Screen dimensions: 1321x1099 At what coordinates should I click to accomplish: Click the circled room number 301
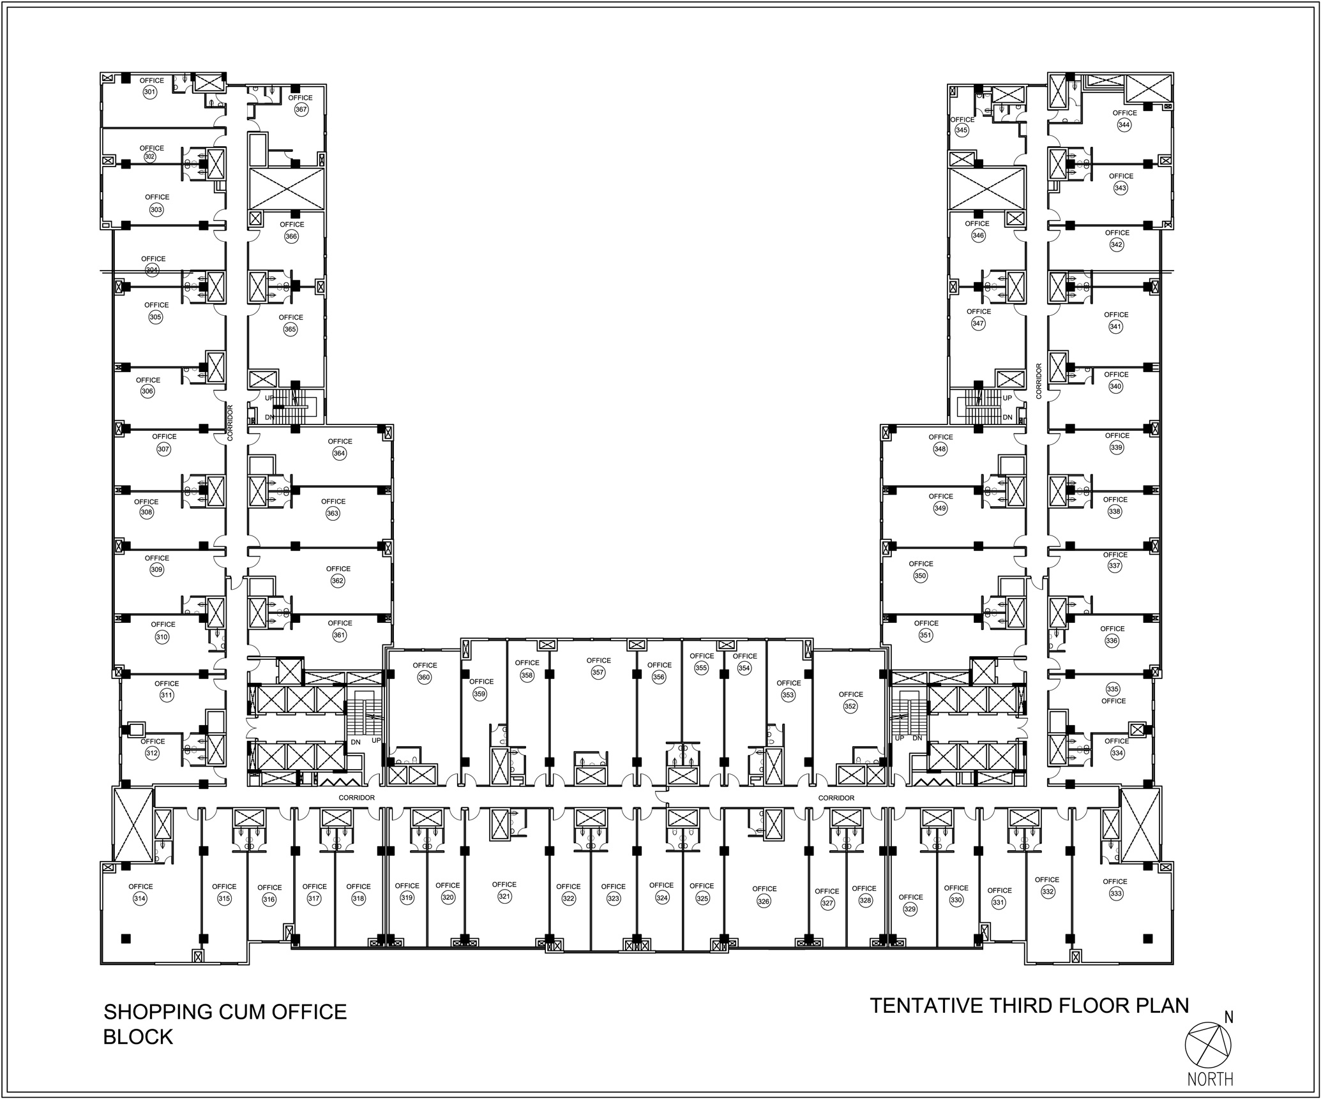[x=149, y=92]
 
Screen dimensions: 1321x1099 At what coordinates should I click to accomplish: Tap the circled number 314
[x=140, y=899]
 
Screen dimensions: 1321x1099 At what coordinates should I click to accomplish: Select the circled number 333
[x=1115, y=893]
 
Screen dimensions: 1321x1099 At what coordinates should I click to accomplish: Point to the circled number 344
[x=1124, y=125]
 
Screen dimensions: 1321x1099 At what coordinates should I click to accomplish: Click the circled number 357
[x=598, y=673]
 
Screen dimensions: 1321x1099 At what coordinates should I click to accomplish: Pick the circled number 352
[x=850, y=706]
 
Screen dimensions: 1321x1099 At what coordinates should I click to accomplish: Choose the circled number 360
[x=424, y=678]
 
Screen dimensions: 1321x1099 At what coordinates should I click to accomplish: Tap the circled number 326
[x=764, y=901]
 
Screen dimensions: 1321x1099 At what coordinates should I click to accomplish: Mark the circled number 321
[x=504, y=897]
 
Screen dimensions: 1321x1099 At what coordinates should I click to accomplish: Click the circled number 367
[x=301, y=109]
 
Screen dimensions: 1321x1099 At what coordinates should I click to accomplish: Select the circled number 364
[x=339, y=453]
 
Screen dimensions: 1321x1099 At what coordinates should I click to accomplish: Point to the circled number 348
[x=940, y=449]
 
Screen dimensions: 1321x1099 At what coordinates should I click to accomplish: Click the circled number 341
[x=1115, y=327]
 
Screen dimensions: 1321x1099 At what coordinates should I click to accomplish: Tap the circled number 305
[x=156, y=317]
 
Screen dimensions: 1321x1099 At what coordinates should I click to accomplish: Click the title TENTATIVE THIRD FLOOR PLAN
[x=1030, y=1006]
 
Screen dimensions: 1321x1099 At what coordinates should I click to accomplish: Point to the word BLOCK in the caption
[x=138, y=1037]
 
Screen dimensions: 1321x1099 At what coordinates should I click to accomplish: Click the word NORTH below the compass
[x=1210, y=1079]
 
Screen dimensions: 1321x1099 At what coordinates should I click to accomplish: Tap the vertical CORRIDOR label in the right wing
[x=1039, y=381]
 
